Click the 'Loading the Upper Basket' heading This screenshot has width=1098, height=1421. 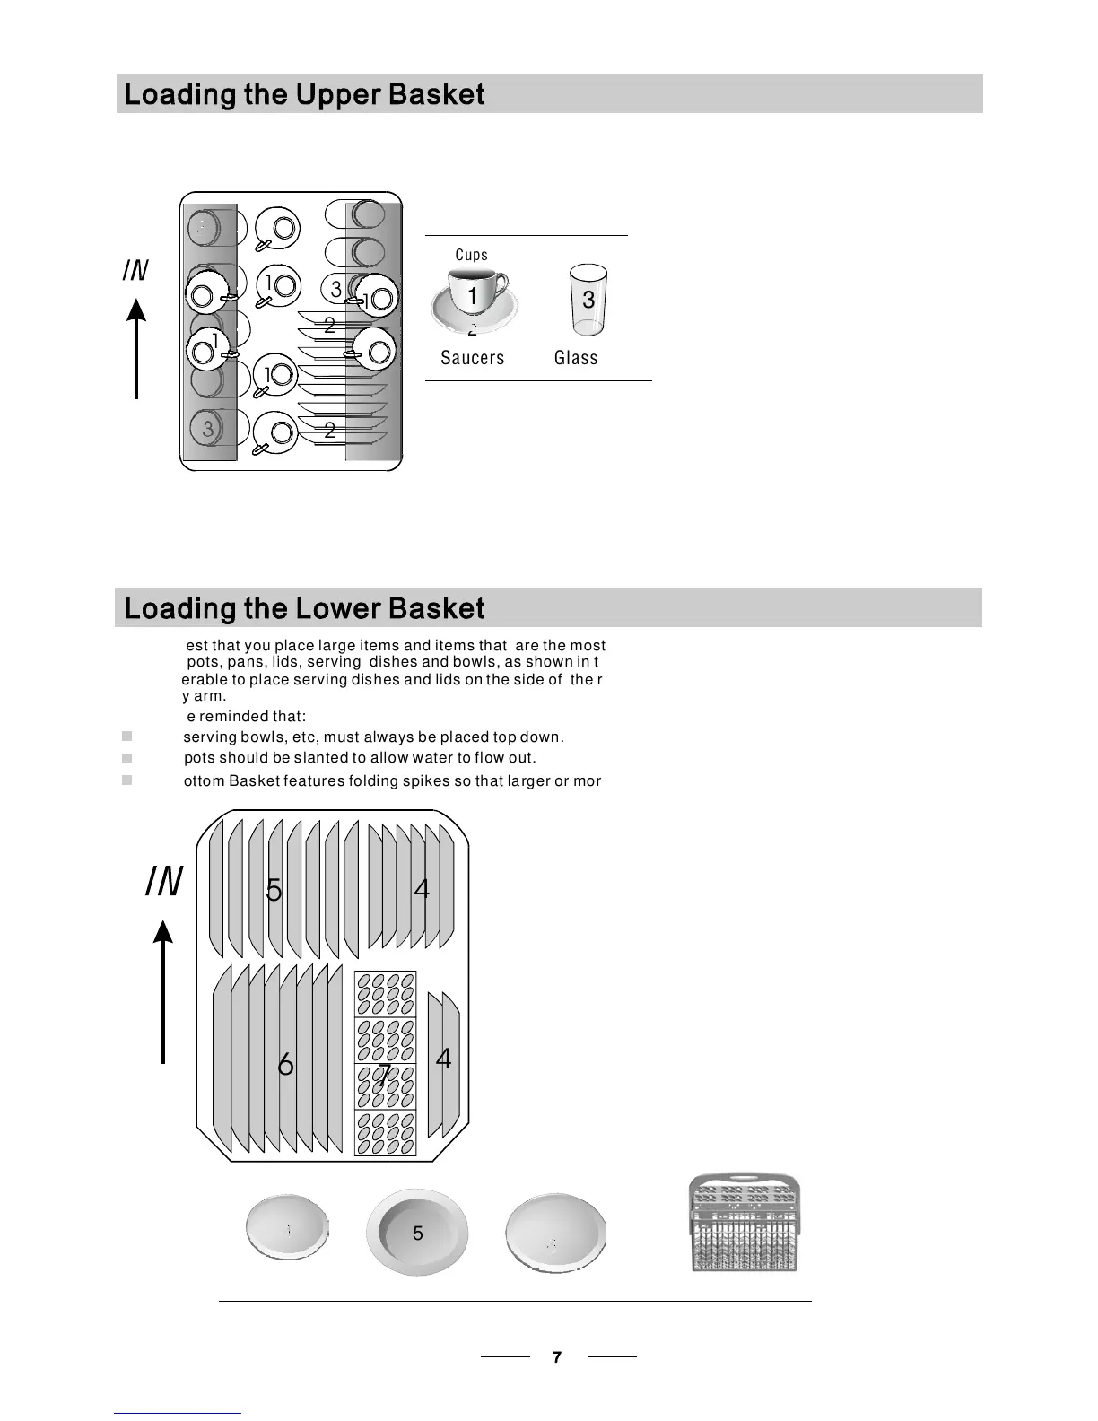pyautogui.click(x=304, y=94)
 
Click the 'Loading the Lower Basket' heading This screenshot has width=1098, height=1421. pyautogui.click(x=304, y=608)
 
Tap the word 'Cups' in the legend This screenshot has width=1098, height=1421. pyautogui.click(x=471, y=255)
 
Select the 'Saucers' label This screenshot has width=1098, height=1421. pyautogui.click(x=472, y=358)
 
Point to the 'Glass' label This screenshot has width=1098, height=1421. pyautogui.click(x=576, y=358)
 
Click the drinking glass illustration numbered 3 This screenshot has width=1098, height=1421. pyautogui.click(x=588, y=299)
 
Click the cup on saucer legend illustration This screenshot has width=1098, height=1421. pyautogui.click(x=473, y=300)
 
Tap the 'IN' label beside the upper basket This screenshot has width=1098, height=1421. pyautogui.click(x=135, y=270)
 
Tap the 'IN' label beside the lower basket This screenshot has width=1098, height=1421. pyautogui.click(x=164, y=882)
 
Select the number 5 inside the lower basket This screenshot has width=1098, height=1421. pyautogui.click(x=274, y=891)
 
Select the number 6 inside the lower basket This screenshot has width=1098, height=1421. pyautogui.click(x=285, y=1065)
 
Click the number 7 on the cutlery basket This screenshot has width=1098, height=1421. pyautogui.click(x=384, y=1074)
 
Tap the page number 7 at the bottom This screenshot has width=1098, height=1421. pyautogui.click(x=557, y=1357)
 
